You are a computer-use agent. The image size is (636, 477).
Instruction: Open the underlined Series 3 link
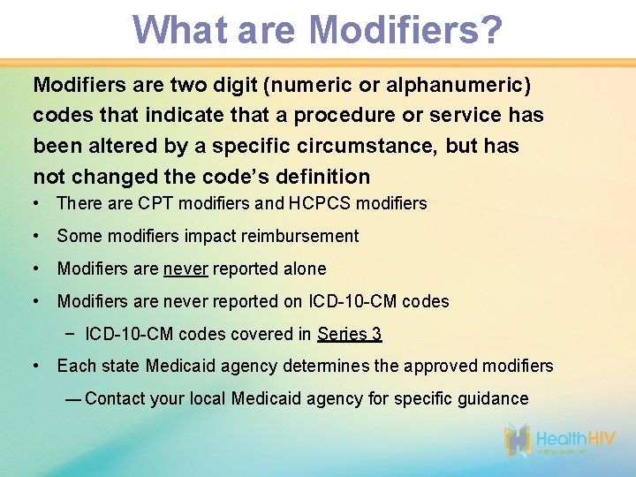pos(350,334)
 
